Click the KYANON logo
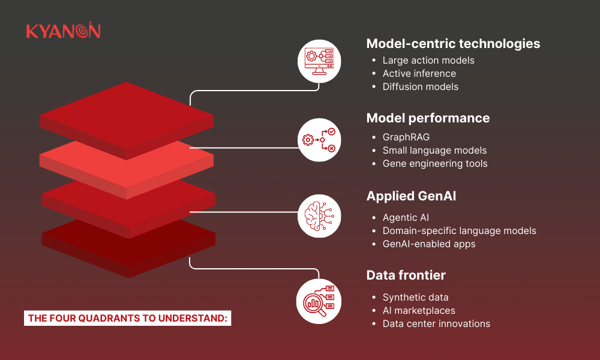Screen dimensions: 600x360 coord(63,30)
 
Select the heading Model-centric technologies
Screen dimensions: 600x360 coord(453,44)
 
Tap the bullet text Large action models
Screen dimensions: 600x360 coord(428,61)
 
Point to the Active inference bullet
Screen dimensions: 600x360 coord(419,73)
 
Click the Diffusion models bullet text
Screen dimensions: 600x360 coord(420,87)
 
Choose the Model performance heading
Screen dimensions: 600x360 coord(428,118)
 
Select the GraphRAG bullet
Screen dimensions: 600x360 coord(406,137)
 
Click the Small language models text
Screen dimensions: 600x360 coord(434,151)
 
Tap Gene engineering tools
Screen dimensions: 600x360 coord(435,164)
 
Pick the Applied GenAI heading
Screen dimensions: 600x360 coord(411,196)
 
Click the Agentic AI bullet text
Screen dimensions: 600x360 coord(406,218)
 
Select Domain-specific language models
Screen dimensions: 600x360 coord(459,231)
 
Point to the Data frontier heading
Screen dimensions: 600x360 coord(406,275)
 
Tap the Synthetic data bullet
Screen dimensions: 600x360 coord(415,297)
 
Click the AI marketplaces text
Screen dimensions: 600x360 coord(419,311)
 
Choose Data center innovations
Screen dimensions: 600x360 coord(436,323)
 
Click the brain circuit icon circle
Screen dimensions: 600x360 coord(319,216)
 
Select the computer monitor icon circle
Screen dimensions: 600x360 coord(319,61)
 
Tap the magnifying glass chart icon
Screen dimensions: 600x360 coord(319,301)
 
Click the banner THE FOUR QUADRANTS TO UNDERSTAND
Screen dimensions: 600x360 coord(127,318)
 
